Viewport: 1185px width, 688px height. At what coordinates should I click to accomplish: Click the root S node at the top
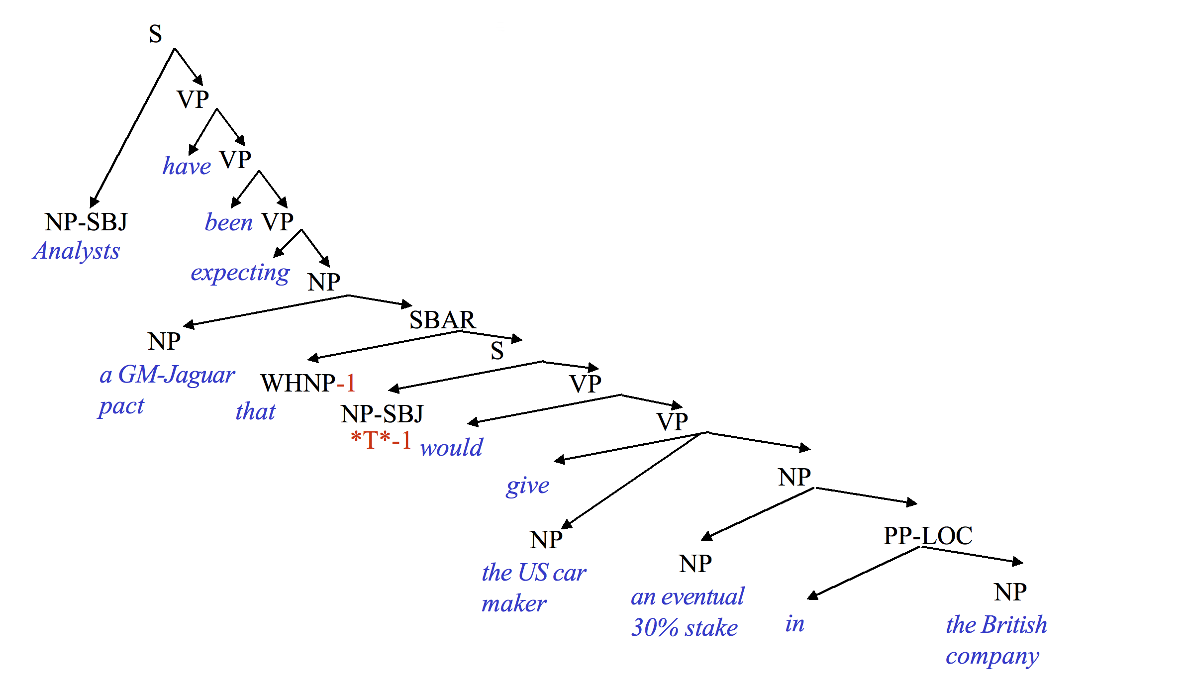pyautogui.click(x=155, y=34)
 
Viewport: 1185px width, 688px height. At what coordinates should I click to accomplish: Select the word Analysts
pyautogui.click(x=77, y=251)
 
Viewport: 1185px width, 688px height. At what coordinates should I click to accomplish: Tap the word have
pyautogui.click(x=187, y=166)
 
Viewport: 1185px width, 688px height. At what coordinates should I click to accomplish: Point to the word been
pyautogui.click(x=229, y=222)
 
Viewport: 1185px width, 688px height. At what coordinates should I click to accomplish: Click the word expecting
pyautogui.click(x=240, y=273)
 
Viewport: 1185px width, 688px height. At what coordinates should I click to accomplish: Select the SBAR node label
pyautogui.click(x=442, y=320)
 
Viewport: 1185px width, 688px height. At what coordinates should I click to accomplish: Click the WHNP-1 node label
pyautogui.click(x=308, y=383)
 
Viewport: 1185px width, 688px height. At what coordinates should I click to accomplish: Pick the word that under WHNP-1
pyautogui.click(x=255, y=412)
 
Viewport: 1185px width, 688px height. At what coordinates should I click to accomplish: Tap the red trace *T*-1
pyautogui.click(x=381, y=440)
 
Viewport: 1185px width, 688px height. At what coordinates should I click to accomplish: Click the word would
pyautogui.click(x=451, y=448)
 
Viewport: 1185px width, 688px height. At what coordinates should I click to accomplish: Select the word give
pyautogui.click(x=527, y=486)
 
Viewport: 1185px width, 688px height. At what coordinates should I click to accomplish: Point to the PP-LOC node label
pyautogui.click(x=928, y=536)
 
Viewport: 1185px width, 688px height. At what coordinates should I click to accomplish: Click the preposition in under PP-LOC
pyautogui.click(x=794, y=624)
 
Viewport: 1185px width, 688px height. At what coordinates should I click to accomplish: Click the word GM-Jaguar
pyautogui.click(x=177, y=375)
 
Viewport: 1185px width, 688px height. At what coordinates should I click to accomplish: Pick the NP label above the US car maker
pyautogui.click(x=546, y=540)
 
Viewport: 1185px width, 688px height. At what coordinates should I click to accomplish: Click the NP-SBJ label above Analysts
pyautogui.click(x=86, y=222)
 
